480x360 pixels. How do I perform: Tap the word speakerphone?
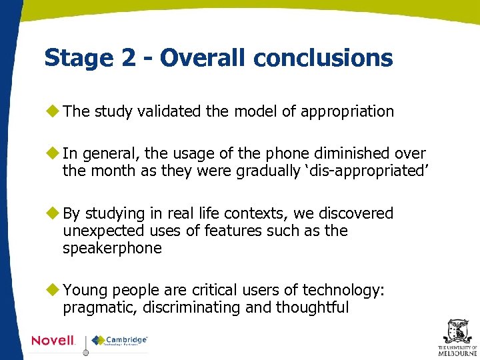coord(112,248)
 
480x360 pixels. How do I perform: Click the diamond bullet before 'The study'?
coord(53,111)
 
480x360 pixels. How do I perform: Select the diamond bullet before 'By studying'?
coord(53,213)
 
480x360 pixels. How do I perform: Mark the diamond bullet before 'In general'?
coord(53,153)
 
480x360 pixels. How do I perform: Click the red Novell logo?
coord(53,341)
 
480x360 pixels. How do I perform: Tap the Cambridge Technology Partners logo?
coord(120,341)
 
